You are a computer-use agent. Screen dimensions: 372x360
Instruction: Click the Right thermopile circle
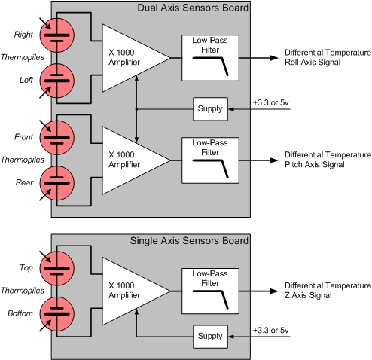(57, 35)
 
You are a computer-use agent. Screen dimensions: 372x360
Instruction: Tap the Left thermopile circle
(57, 81)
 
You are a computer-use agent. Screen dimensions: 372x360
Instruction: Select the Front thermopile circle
(57, 138)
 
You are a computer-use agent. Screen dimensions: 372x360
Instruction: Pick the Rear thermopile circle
(57, 183)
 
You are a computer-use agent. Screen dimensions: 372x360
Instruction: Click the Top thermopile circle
(57, 268)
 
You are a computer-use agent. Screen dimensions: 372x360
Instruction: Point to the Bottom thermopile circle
(57, 314)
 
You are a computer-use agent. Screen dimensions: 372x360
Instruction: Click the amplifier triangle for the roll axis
(126, 58)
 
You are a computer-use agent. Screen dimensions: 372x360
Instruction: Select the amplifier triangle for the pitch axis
(126, 160)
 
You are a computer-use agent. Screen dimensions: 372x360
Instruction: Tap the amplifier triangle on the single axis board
(126, 291)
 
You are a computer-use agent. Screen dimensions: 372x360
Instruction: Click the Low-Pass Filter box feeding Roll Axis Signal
(210, 58)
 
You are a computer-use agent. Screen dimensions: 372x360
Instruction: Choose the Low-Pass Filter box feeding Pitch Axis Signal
(210, 160)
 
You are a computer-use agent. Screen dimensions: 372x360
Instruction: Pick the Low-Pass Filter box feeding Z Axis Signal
(210, 291)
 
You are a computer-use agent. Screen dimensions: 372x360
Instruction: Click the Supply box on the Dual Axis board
(210, 109)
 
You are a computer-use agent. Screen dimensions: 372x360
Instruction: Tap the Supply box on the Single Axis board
(210, 337)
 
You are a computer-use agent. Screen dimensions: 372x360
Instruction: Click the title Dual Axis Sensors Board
(193, 8)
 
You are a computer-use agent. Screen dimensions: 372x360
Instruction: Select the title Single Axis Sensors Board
(189, 241)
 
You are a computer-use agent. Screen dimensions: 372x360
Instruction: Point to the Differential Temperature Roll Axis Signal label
(328, 57)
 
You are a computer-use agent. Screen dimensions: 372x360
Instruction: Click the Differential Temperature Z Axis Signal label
(328, 291)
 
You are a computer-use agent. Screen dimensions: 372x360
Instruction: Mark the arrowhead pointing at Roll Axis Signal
(274, 58)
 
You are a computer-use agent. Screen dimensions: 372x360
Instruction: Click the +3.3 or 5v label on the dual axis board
(271, 102)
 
